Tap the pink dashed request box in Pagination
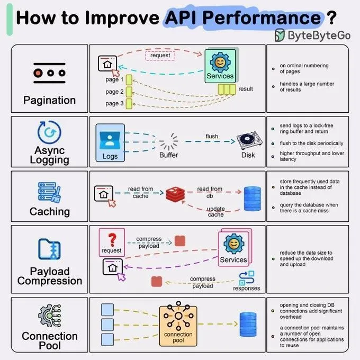pos(159,55)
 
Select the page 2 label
pos(114,92)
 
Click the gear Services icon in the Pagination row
pos(220,67)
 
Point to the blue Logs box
pos(110,142)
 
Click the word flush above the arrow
pos(212,136)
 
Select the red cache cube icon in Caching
pos(174,194)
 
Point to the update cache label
pos(215,212)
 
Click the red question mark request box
pos(112,242)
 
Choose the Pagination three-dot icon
pos(49,73)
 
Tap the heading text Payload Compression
pos(49,276)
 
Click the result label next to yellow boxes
pos(245,89)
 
